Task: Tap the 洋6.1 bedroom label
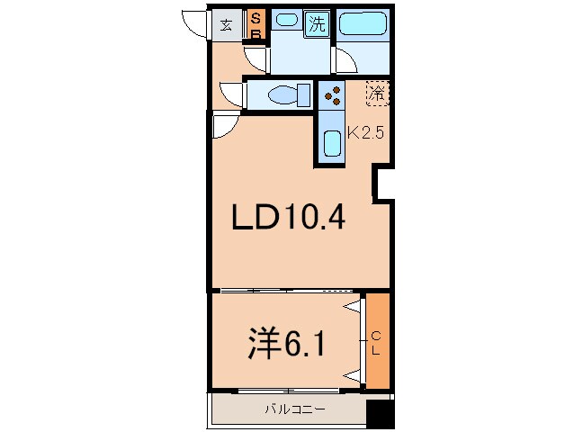tap(286, 343)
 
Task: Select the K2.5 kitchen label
tap(365, 132)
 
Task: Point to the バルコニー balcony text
tap(295, 409)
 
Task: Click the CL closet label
tap(376, 343)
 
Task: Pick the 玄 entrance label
tap(226, 25)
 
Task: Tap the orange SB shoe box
tap(256, 24)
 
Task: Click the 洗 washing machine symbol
tap(317, 23)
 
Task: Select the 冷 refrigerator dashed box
tap(378, 94)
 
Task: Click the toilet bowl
tap(289, 95)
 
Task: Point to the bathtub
tap(363, 23)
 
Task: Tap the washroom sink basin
tap(286, 19)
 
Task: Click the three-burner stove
tap(332, 95)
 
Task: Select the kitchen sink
tap(332, 143)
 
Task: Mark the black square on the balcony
tap(381, 414)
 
